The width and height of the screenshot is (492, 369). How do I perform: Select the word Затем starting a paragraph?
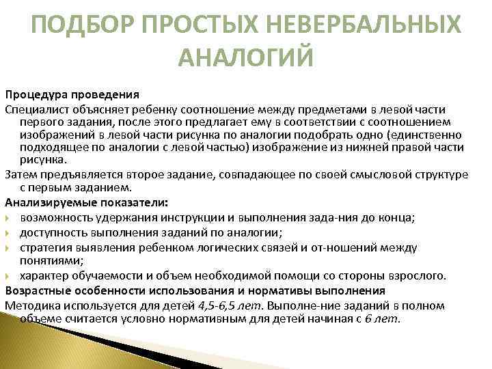(20, 174)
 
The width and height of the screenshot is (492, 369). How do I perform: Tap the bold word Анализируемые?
(47, 203)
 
